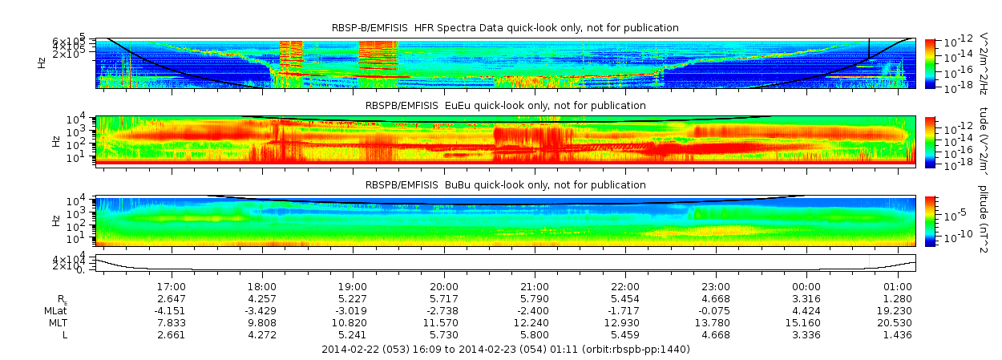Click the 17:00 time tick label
[172, 286]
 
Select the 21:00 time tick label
[535, 286]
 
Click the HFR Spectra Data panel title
[505, 28]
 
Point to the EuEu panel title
[505, 106]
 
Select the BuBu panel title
[505, 185]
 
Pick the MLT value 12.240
[535, 322]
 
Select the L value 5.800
[535, 334]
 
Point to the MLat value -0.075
[716, 310]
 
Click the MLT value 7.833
[172, 322]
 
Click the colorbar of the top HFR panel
[930, 63]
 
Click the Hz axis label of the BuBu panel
[55, 219]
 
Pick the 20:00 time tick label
[444, 286]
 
